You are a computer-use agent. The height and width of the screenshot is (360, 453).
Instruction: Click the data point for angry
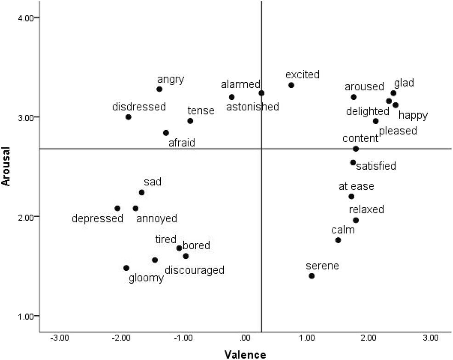coord(159,89)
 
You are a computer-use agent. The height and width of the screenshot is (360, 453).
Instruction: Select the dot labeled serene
coord(311,276)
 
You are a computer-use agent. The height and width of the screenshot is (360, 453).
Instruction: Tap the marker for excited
coord(291,85)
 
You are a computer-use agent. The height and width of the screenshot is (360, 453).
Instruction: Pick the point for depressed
coord(117,208)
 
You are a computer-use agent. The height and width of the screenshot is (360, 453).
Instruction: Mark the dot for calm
coord(338,240)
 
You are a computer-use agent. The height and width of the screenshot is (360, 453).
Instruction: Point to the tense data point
coord(190,121)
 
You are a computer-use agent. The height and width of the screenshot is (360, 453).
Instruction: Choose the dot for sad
coord(142,192)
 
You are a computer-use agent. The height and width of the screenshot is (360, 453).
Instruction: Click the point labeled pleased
coord(376,121)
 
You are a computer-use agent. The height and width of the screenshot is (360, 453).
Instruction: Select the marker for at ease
coord(351,196)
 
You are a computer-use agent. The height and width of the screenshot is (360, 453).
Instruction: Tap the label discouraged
coord(194,270)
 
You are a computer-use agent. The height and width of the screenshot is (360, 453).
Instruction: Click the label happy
coord(413,115)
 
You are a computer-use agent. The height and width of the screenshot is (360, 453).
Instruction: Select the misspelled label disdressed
coord(139,107)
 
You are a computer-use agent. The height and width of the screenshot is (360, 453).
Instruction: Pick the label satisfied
coord(376,166)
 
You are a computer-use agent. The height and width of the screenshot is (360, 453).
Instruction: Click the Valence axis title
coord(245,354)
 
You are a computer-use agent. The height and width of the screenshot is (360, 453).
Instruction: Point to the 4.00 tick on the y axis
coord(28,18)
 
